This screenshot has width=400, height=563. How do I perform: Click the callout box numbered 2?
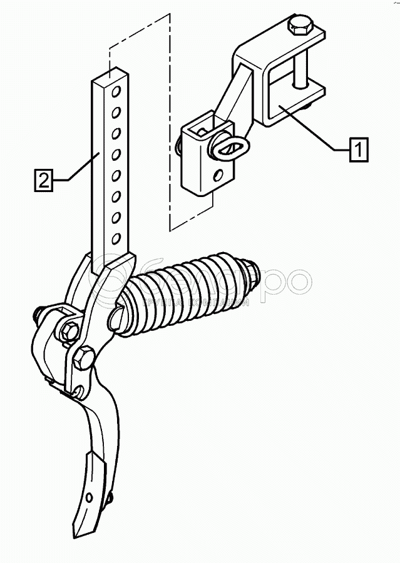pyautogui.click(x=42, y=181)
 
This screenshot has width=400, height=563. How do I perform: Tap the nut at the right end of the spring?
pyautogui.click(x=254, y=270)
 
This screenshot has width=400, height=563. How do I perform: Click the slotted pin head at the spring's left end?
pyautogui.click(x=117, y=318)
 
